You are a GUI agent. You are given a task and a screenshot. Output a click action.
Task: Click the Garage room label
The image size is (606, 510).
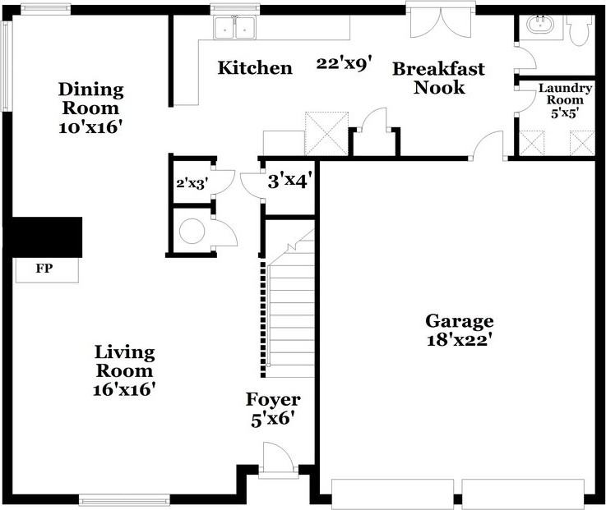coord(459,320)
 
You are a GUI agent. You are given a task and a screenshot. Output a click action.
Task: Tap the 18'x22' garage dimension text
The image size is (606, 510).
coord(459,339)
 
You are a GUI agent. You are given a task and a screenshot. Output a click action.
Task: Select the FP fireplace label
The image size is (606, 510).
coord(44,269)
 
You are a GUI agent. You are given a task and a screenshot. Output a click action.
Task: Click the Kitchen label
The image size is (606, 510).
coord(254,68)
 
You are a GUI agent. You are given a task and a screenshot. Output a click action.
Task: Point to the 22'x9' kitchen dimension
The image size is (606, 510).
coord(344,64)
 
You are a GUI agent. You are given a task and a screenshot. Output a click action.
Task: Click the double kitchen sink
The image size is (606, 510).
coord(236,28)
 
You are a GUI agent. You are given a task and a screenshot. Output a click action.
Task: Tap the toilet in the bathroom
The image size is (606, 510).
coord(581,30)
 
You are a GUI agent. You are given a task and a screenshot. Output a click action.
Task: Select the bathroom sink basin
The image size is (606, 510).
coord(539,25)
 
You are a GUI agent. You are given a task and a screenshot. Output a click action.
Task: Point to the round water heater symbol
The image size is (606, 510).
coord(192,232)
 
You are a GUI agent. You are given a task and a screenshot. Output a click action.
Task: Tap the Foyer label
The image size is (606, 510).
coord(273,400)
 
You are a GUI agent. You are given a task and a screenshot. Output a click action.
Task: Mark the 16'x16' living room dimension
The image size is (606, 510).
coord(125,388)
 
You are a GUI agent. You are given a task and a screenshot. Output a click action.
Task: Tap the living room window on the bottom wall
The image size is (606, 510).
coord(124,499)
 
